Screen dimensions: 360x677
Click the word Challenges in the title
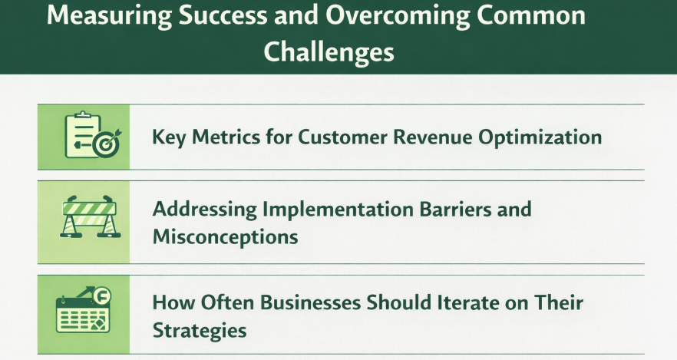(329, 51)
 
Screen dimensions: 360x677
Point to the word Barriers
(446, 209)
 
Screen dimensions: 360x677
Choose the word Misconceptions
(225, 236)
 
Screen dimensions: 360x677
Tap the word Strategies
(200, 330)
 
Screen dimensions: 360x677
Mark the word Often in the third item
(223, 302)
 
